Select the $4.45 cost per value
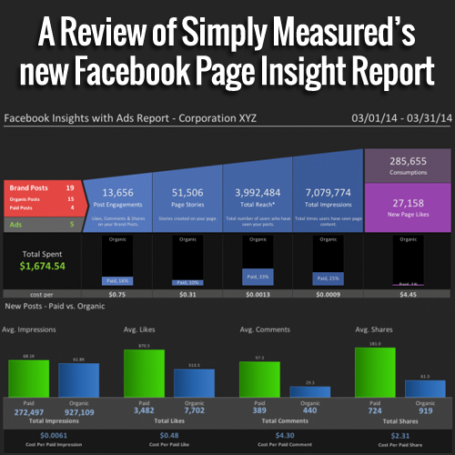[408, 295]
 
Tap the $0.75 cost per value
[116, 295]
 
